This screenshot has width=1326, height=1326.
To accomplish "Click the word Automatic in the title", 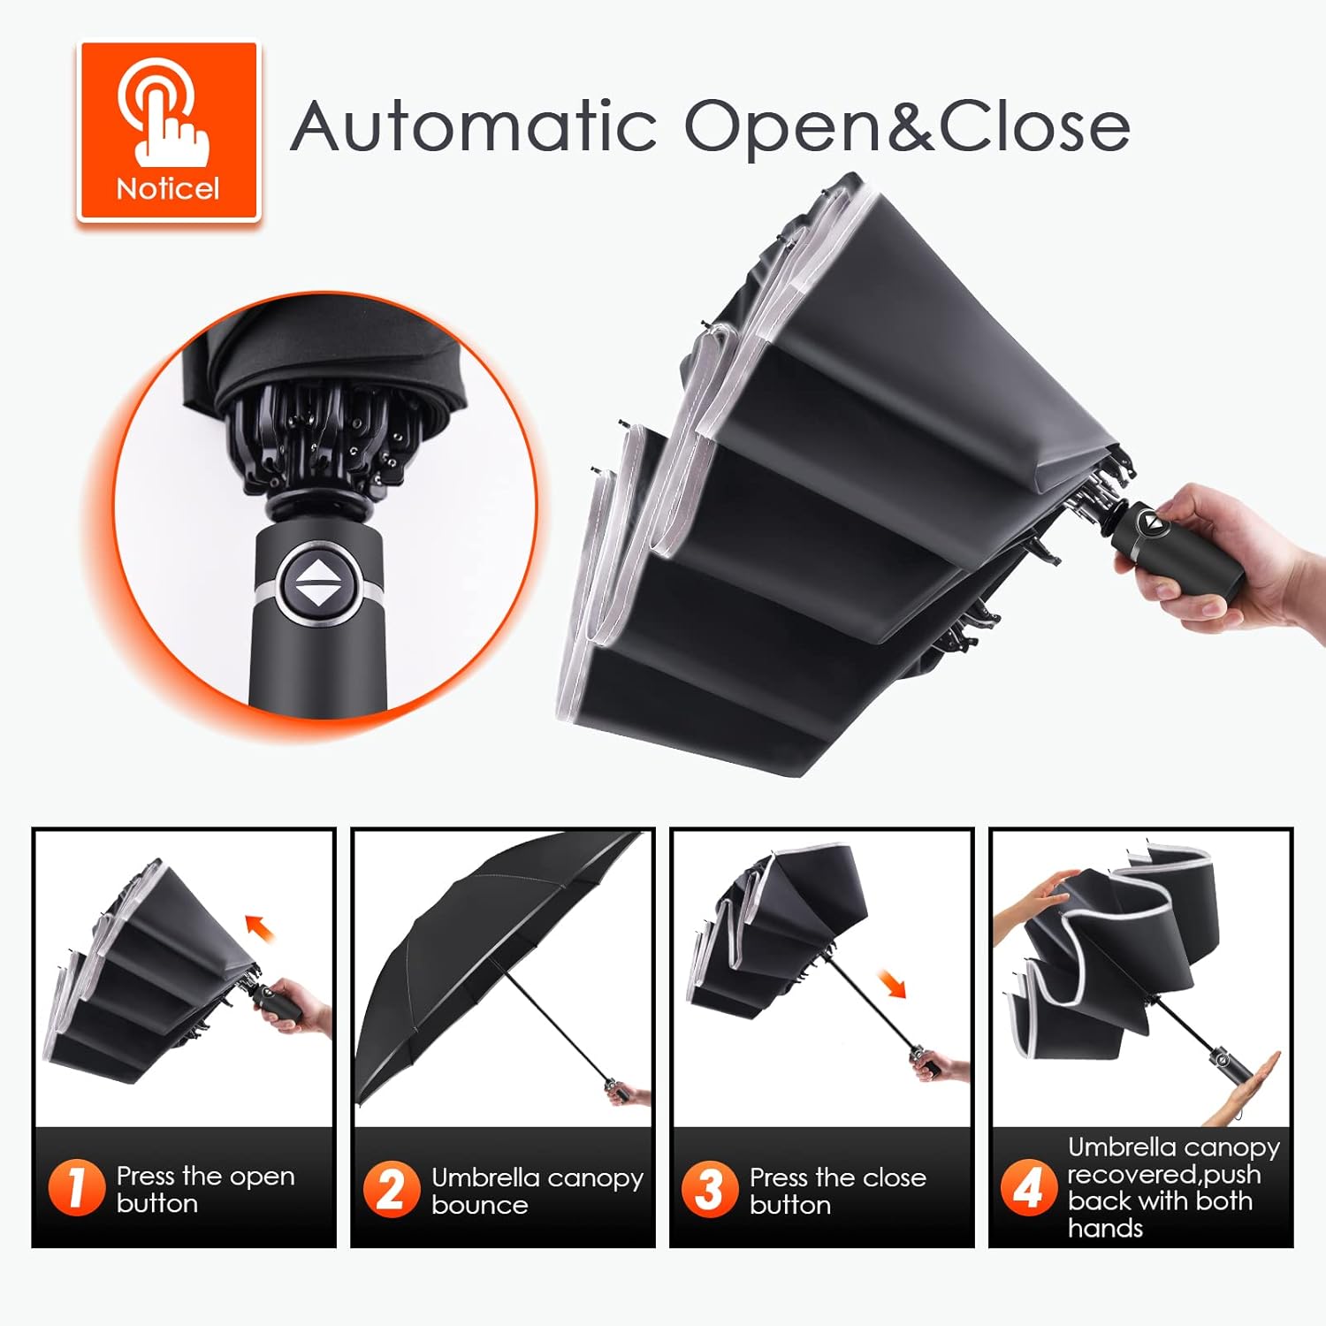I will [x=473, y=126].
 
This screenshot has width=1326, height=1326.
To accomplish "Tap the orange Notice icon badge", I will [x=168, y=131].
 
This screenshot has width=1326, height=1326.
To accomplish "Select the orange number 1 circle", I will [x=76, y=1187].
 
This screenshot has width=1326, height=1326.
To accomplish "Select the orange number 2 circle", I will [x=391, y=1189].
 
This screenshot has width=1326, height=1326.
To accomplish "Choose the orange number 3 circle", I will [x=709, y=1189].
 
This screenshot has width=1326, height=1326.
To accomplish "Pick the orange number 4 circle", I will [x=1028, y=1187].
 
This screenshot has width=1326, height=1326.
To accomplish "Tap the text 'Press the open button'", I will [x=205, y=1189].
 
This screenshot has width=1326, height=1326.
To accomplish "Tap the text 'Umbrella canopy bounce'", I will [x=537, y=1191].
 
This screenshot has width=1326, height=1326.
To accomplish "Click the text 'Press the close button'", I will [x=837, y=1191].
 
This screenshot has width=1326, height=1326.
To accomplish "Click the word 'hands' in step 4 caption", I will [x=1105, y=1228].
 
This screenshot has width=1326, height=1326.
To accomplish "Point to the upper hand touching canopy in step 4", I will [x=1034, y=897].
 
